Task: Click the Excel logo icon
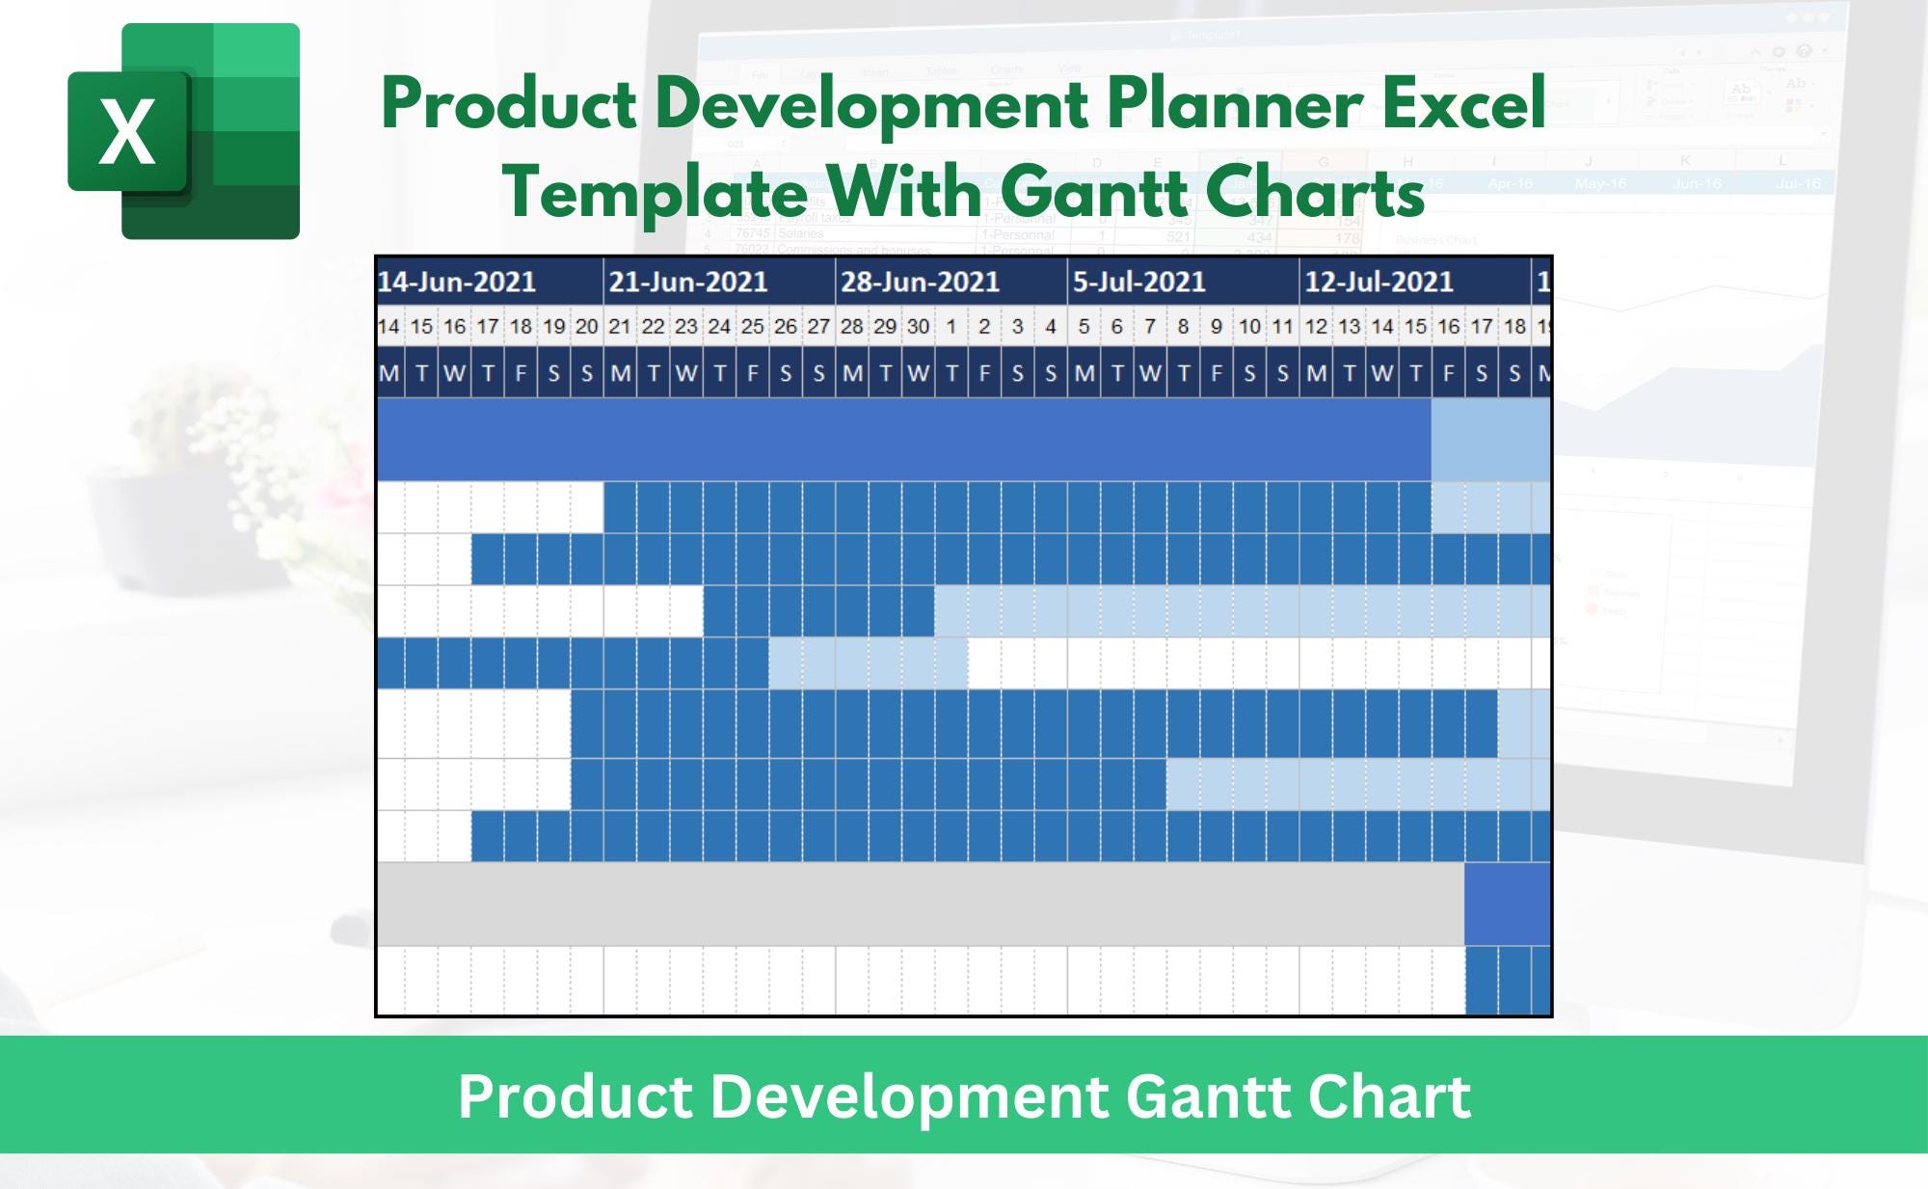[x=183, y=131]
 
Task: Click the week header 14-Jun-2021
[x=456, y=282]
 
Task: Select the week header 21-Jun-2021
[x=688, y=282]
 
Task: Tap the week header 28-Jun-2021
[x=920, y=282]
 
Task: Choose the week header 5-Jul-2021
[x=1138, y=282]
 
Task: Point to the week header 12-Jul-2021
[x=1379, y=282]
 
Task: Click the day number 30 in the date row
[x=918, y=327]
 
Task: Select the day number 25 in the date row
[x=752, y=327]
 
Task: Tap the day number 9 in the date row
[x=1216, y=327]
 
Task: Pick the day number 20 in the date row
[x=586, y=327]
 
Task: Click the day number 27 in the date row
[x=818, y=327]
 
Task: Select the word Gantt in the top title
[x=1093, y=192]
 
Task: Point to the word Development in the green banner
[x=908, y=1096]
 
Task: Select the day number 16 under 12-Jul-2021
[x=1448, y=327]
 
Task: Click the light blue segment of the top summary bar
[x=1490, y=440]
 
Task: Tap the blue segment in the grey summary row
[x=1508, y=904]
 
